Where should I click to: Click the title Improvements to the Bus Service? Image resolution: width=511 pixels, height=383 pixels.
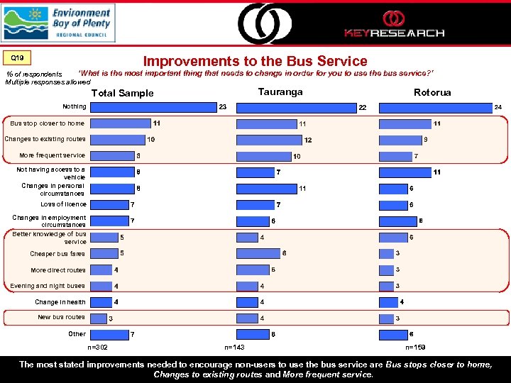coord(255,62)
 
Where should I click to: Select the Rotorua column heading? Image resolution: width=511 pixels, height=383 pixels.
coord(432,92)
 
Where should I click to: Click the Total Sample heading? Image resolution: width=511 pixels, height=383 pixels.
coord(122,94)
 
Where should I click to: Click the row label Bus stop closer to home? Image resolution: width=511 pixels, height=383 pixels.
coord(47,123)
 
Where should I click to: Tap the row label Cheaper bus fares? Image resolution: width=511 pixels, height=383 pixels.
coord(57,254)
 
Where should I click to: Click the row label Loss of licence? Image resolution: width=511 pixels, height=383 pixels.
coord(62,204)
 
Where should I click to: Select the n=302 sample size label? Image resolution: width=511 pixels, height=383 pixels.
coord(97,348)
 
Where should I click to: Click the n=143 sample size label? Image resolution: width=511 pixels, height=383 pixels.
coord(234,348)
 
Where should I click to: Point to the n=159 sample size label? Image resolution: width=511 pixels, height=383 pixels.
coord(416,348)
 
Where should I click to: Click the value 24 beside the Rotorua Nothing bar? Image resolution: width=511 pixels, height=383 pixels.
coord(498,107)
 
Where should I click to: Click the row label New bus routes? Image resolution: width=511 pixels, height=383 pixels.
coord(61,317)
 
